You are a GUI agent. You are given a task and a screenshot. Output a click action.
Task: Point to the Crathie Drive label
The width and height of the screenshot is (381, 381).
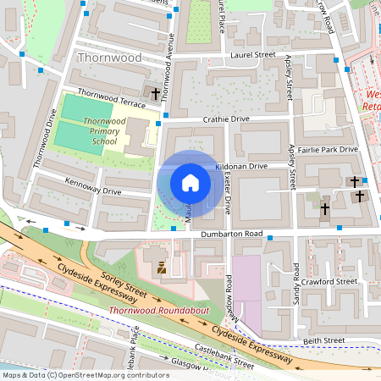[224, 119]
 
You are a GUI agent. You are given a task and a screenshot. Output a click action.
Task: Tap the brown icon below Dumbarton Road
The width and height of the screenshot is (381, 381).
[160, 268]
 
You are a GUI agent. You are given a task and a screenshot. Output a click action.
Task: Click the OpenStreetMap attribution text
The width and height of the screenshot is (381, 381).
[85, 374]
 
